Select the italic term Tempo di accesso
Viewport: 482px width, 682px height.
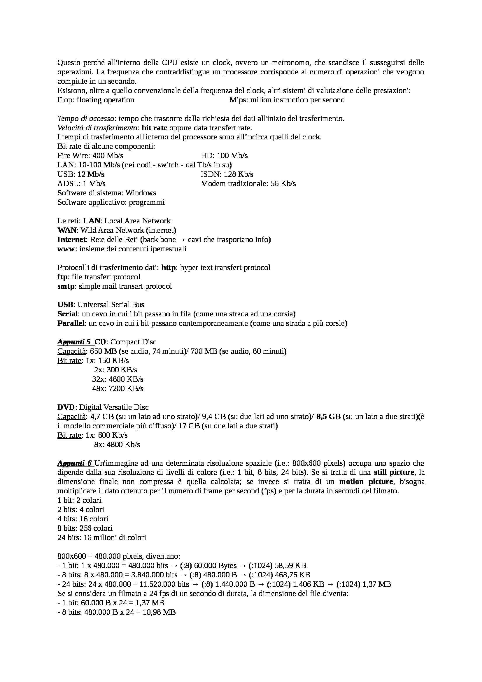click(x=85, y=119)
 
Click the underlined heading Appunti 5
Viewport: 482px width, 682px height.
click(x=74, y=342)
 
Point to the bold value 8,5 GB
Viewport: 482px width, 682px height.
click(x=328, y=417)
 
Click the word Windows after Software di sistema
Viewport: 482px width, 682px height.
click(x=141, y=193)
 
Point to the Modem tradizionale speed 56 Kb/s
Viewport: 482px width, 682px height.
click(x=283, y=184)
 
